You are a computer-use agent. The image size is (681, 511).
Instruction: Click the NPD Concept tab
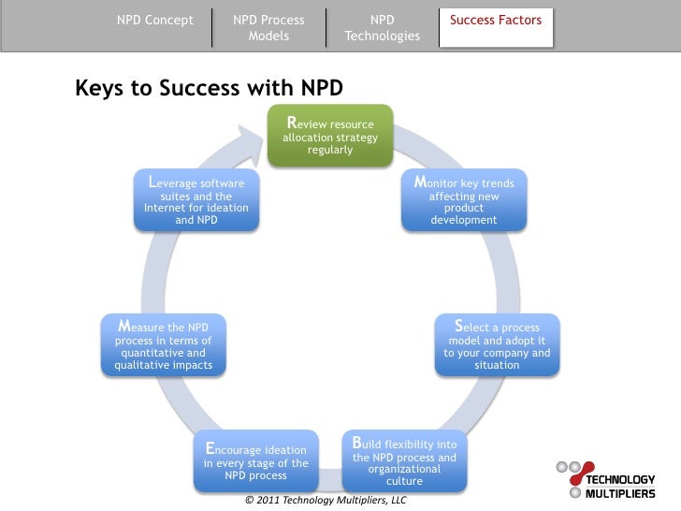[x=155, y=20]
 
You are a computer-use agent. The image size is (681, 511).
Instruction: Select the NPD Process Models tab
[x=268, y=28]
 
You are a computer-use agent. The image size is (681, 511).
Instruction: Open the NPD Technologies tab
[x=382, y=28]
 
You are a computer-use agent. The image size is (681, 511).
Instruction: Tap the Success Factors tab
[x=496, y=20]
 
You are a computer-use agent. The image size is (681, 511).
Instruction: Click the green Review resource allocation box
[x=330, y=137]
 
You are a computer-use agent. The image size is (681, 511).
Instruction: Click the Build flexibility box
[x=404, y=460]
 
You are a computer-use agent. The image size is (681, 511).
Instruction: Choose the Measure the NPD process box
[x=164, y=345]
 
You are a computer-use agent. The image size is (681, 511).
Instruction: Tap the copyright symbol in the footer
[x=248, y=501]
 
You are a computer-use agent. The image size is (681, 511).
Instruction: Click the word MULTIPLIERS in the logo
[x=620, y=492]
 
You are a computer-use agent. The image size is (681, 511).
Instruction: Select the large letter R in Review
[x=292, y=123]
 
